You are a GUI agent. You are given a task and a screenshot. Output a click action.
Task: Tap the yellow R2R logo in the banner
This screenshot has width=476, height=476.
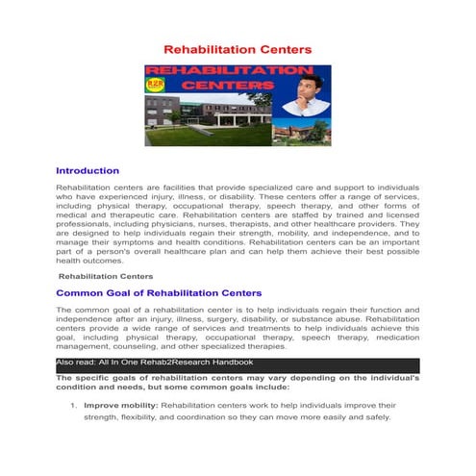click(155, 84)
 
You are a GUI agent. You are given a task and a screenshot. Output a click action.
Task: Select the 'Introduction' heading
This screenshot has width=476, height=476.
click(88, 170)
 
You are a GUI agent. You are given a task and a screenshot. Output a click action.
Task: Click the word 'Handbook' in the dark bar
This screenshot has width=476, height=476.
click(231, 363)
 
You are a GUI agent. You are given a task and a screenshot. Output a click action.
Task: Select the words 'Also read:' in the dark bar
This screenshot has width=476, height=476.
click(76, 363)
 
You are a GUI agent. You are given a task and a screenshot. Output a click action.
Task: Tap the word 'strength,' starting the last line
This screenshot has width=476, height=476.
click(103, 418)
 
